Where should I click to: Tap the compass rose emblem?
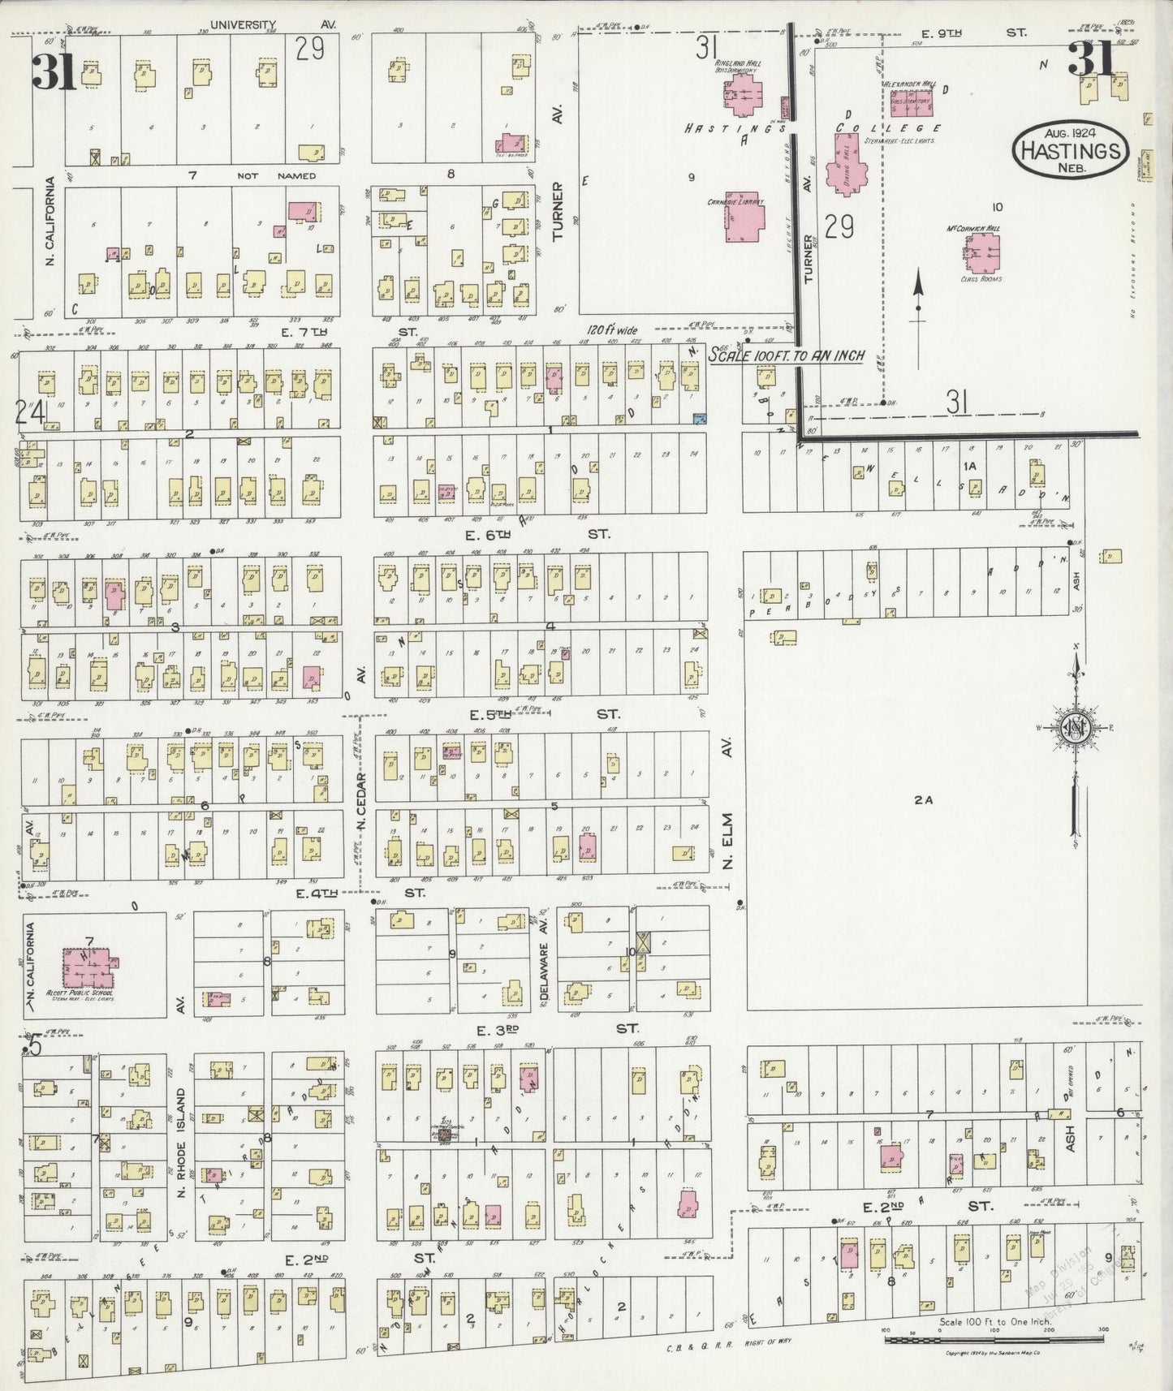(1076, 726)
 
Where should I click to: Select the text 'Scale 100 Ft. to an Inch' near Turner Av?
(786, 355)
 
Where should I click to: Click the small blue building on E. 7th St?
(699, 417)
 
